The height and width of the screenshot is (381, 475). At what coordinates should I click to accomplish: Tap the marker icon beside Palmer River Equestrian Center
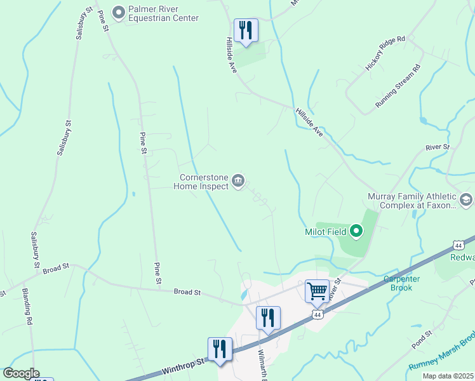pos(117,12)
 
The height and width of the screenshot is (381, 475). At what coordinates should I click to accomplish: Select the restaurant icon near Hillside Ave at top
pos(246,30)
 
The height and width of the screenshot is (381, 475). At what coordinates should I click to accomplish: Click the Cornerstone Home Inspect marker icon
pos(238,182)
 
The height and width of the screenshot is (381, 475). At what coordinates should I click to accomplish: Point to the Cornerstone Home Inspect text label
pos(203,182)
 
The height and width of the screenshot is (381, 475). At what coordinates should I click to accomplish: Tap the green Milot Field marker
pos(356,232)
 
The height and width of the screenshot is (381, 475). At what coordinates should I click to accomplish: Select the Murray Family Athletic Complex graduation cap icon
pos(467,201)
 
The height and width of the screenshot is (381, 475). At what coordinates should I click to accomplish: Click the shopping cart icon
pos(317,291)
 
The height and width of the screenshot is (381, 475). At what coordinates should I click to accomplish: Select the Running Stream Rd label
pos(398,86)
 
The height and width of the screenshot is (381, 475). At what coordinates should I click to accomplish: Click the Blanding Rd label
pos(29,308)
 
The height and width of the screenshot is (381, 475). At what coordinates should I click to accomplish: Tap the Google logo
pos(20,373)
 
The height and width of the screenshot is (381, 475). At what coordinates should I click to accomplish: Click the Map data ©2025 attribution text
pos(448,376)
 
